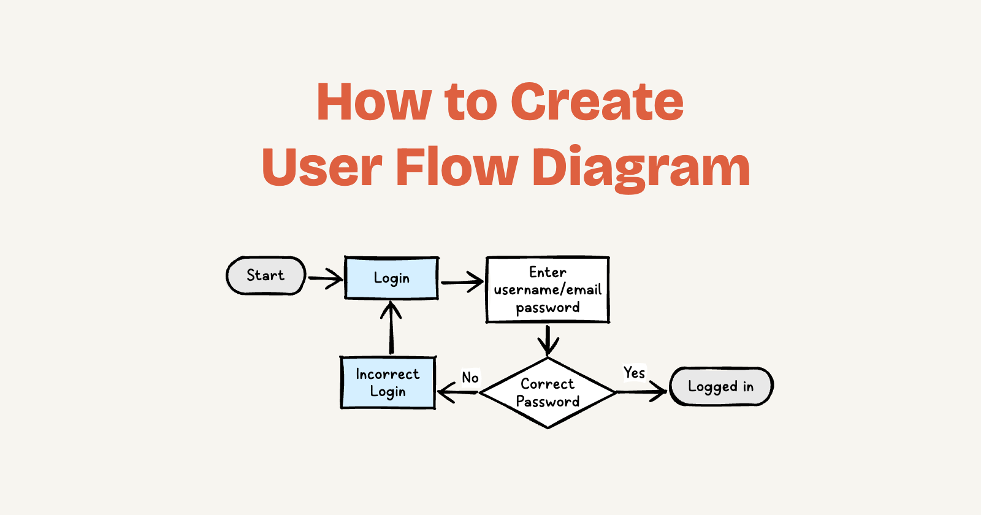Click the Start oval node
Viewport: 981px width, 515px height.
pos(265,275)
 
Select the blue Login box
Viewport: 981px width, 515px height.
pos(391,278)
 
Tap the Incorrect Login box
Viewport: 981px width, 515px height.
pos(387,383)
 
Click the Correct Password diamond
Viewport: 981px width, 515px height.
pos(548,393)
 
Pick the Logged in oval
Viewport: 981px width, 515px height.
pos(720,386)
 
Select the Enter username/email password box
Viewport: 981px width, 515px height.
pos(548,289)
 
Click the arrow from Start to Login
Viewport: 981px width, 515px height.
pos(325,278)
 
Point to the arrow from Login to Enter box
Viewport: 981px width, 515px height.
pos(462,283)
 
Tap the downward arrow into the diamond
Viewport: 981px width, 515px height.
pos(548,340)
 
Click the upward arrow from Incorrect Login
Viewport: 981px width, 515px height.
pos(391,327)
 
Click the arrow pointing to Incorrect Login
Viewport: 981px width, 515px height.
pos(457,392)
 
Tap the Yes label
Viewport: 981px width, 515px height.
pos(634,373)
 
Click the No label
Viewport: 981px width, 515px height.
pos(470,378)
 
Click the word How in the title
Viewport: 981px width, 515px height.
pos(374,102)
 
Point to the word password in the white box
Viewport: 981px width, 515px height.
pos(548,308)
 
